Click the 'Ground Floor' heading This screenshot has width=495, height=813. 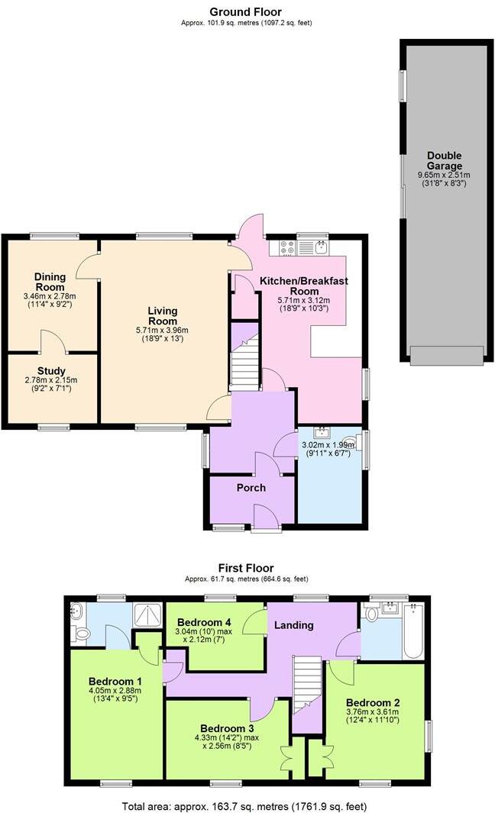click(x=246, y=11)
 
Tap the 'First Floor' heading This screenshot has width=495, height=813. click(x=246, y=568)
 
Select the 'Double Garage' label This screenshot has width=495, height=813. click(x=444, y=161)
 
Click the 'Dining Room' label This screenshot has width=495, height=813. click(x=50, y=282)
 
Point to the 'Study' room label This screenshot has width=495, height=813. click(x=50, y=371)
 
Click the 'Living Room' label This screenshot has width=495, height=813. click(x=162, y=316)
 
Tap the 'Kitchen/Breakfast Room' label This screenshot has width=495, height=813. click(x=303, y=286)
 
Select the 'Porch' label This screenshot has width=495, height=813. click(x=251, y=487)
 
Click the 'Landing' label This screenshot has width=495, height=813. click(x=294, y=625)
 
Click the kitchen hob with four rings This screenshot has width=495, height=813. click(x=288, y=247)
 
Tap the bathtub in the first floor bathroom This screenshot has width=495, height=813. click(x=412, y=631)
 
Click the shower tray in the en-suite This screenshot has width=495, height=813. click(x=144, y=615)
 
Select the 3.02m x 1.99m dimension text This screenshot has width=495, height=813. click(x=329, y=445)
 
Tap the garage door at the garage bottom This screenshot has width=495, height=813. click(x=446, y=355)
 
